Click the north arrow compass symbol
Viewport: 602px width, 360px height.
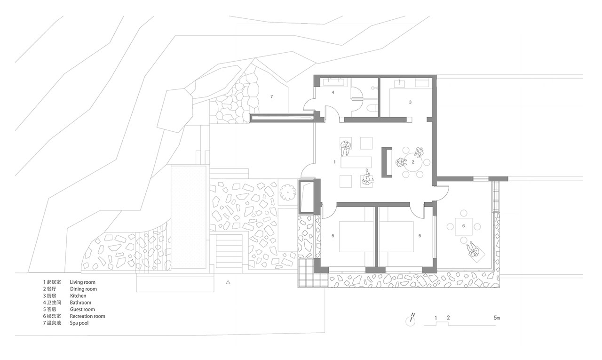pos(411,320)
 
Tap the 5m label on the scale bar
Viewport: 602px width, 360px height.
pos(497,318)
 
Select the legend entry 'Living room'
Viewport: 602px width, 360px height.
pos(82,282)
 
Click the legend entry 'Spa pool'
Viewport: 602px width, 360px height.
pos(79,323)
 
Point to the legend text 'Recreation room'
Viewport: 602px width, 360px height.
pos(87,316)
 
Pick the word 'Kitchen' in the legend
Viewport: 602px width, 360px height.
pos(78,296)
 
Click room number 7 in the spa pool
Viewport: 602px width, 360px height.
pos(271,96)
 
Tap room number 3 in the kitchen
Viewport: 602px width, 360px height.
pos(410,102)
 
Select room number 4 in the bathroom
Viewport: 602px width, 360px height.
pos(333,92)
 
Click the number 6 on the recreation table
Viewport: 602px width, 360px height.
pos(463,226)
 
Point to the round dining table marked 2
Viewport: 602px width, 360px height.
pos(413,162)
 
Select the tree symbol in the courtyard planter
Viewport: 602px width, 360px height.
pos(287,192)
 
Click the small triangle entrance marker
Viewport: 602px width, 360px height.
pos(228,282)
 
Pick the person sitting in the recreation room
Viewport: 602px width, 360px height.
pos(473,249)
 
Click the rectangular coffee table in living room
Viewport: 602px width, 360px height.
pos(356,162)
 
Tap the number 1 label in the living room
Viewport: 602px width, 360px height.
pos(334,162)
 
